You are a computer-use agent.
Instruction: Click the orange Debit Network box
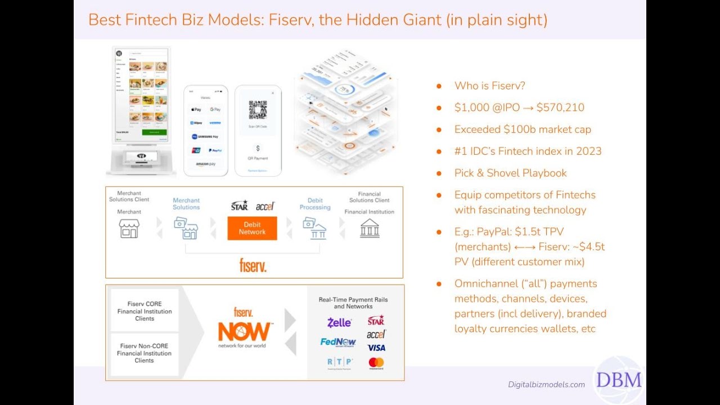pos(252,228)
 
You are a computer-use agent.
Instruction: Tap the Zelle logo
pos(339,322)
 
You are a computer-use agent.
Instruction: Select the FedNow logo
pos(338,342)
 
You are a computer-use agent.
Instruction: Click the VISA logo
pos(376,348)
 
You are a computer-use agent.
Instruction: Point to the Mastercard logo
pos(376,363)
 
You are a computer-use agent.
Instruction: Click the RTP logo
pos(340,362)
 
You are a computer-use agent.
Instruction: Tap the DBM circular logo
pos(619,380)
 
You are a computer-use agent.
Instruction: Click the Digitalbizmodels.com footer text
pos(546,385)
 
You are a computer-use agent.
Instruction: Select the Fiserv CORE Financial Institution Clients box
pos(145,311)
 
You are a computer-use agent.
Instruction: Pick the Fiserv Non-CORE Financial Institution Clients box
pos(144,353)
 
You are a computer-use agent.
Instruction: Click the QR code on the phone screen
pos(258,110)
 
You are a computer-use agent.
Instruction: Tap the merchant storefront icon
pos(129,228)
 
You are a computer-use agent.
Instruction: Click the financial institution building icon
pos(370,228)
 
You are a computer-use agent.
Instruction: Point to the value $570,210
pos(560,107)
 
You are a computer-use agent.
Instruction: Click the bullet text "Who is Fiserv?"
pos(489,85)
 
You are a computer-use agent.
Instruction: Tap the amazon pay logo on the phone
pos(205,164)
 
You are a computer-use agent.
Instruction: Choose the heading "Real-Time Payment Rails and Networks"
pos(353,303)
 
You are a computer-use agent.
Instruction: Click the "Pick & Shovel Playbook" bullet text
pos(510,173)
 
